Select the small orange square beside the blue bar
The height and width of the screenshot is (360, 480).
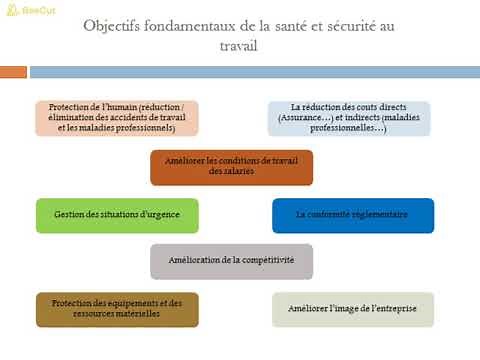[x=13, y=72]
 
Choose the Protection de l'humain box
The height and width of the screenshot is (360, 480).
[x=117, y=117]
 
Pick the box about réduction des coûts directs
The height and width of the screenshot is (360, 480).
[x=348, y=118]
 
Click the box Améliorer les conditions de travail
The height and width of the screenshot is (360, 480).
[x=231, y=167]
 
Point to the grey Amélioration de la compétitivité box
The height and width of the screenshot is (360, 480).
[x=231, y=261]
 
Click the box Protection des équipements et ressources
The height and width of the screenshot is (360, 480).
[x=117, y=309]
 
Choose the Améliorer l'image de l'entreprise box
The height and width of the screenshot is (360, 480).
[x=352, y=309]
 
